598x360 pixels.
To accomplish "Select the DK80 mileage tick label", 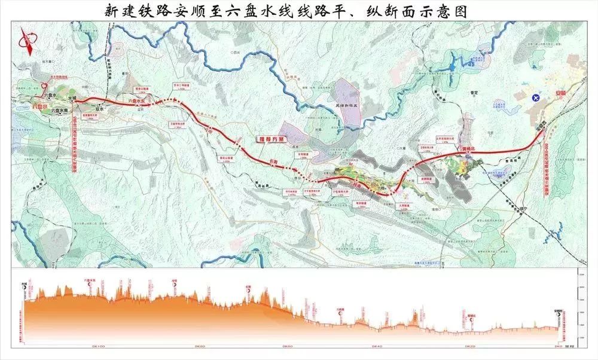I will point(199,346).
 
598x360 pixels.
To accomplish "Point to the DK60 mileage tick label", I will point(287,346).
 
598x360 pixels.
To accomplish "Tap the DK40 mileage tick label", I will point(377,346).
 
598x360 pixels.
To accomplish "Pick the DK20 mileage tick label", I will point(469,346).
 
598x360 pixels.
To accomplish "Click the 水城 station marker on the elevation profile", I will point(25,285).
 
